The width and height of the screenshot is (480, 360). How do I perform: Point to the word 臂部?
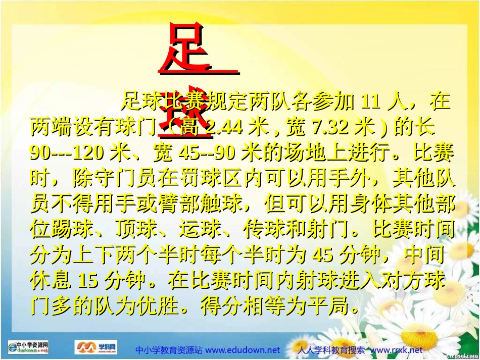(x=199, y=203)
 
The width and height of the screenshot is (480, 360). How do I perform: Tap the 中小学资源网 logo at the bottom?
(x=29, y=347)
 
